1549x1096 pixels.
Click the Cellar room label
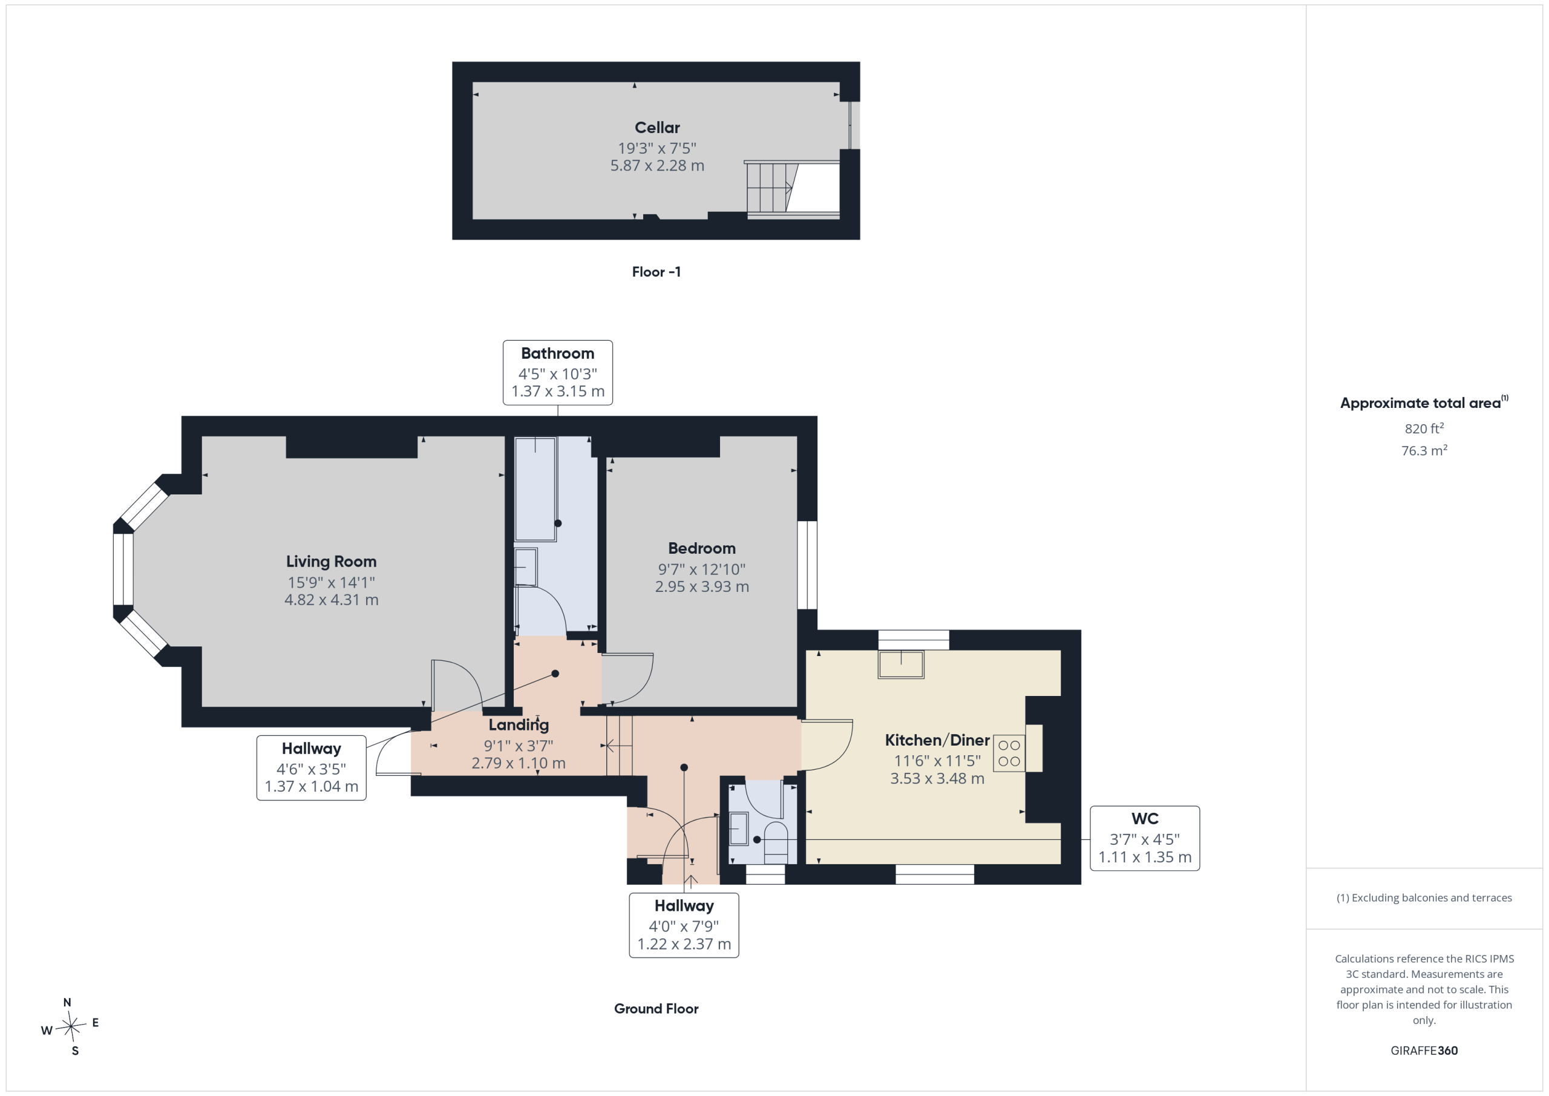[657, 128]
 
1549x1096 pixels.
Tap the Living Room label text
[331, 562]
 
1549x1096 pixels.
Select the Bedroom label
[702, 549]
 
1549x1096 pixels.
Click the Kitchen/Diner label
[937, 740]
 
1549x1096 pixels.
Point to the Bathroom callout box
[558, 373]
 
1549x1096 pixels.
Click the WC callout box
[1145, 838]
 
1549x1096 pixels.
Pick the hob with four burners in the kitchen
[1009, 753]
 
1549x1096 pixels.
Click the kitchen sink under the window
[901, 664]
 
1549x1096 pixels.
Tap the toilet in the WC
[776, 842]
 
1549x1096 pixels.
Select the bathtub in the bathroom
[535, 489]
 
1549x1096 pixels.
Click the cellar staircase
[773, 188]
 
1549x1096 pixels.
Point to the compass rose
[70, 1026]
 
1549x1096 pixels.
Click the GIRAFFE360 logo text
[1424, 1051]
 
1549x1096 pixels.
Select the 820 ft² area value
[1424, 428]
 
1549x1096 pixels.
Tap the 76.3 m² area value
[1424, 450]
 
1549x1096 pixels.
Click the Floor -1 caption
[657, 272]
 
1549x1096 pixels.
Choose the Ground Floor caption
[657, 1009]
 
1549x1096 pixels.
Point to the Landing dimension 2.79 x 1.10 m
[518, 763]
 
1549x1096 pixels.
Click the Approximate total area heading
[1424, 402]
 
